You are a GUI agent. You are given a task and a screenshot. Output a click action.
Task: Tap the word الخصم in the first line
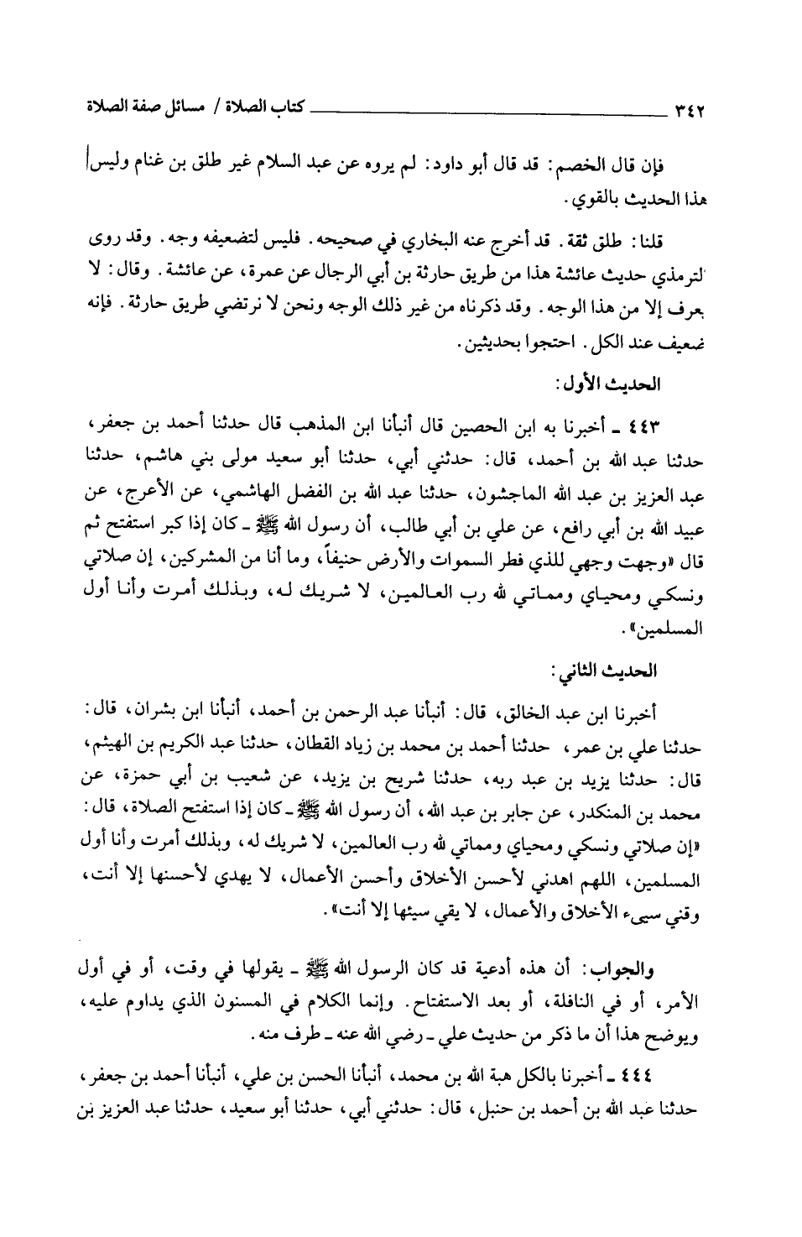click(x=574, y=163)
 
